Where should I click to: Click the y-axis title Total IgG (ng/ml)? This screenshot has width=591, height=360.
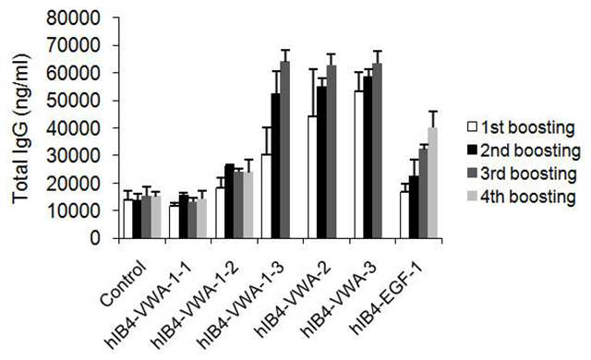(21, 129)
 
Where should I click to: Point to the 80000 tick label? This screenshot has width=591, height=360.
(74, 18)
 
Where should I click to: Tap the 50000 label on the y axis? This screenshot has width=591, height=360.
(74, 101)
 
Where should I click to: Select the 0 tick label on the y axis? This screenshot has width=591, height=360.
(96, 238)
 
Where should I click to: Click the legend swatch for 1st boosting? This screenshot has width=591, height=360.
(472, 127)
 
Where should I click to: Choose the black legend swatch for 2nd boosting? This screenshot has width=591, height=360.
(472, 150)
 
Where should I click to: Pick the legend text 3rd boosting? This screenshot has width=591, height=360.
(528, 174)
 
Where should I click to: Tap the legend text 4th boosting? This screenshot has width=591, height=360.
(528, 197)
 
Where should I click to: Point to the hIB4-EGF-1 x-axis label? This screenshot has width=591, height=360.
(388, 297)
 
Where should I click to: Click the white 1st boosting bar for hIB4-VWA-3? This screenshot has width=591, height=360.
(359, 164)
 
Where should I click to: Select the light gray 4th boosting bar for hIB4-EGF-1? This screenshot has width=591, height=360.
(432, 183)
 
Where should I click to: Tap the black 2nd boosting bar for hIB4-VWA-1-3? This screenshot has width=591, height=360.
(276, 165)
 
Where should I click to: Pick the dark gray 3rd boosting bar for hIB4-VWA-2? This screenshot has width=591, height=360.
(332, 151)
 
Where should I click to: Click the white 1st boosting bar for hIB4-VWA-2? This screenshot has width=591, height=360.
(313, 177)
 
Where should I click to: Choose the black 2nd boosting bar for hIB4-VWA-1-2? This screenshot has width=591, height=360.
(230, 201)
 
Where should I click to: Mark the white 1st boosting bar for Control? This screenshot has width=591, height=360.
(128, 219)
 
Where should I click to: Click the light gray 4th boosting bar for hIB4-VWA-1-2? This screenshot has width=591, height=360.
(248, 205)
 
